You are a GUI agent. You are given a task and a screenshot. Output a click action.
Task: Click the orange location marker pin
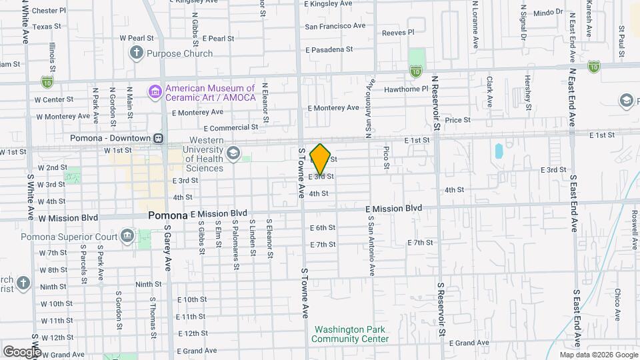click(x=321, y=159)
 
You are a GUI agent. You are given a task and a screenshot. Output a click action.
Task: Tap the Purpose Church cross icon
click(x=137, y=53)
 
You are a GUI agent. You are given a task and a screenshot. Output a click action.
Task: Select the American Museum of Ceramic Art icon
click(x=155, y=91)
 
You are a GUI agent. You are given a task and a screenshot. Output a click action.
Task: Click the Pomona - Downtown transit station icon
click(x=159, y=138)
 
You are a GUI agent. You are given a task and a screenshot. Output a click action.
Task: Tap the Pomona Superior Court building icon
click(x=127, y=236)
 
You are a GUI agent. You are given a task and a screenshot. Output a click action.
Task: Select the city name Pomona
click(x=167, y=215)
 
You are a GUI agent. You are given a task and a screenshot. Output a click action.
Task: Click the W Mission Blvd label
click(x=68, y=217)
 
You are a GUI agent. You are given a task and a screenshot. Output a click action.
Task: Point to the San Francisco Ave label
click(x=335, y=27)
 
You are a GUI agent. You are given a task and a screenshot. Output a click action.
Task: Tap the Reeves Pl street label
click(x=399, y=32)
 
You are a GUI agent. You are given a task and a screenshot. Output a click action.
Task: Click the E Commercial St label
click(x=231, y=127)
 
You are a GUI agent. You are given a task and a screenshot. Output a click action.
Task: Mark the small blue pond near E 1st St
click(x=499, y=151)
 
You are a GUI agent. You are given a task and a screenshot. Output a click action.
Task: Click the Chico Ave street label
click(x=618, y=303)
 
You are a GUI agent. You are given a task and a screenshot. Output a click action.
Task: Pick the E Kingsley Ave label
click(x=327, y=4)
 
